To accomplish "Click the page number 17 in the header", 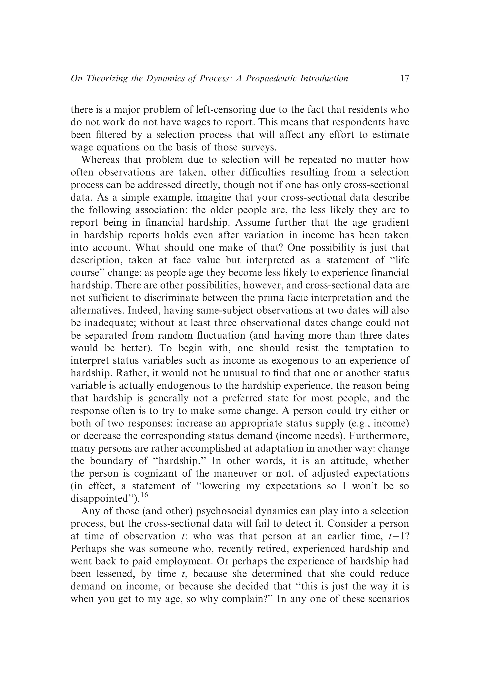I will tap(404, 78).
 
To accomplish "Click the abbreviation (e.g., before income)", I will tap(358, 423).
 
